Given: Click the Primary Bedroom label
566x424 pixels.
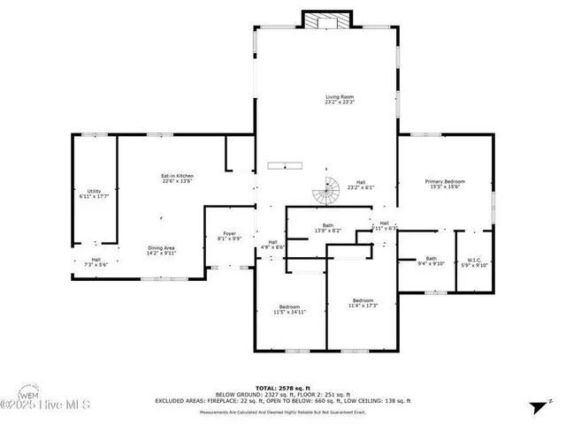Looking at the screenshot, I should (446, 184).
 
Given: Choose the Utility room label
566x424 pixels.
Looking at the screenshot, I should (93, 193).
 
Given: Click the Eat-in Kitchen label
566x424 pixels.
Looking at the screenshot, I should (177, 178).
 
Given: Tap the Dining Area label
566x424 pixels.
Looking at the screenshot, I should (161, 250).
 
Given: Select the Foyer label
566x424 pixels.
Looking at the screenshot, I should (229, 236).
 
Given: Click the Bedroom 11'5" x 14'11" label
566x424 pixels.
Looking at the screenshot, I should (289, 309).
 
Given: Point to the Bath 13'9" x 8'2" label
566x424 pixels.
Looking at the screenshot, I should (327, 228).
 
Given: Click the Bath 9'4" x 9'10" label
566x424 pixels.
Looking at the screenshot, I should (432, 261).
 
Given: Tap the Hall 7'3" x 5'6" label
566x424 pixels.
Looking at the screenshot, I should (96, 262).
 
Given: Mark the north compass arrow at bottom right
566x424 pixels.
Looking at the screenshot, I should (537, 406).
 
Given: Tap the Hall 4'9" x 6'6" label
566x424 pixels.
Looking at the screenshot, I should (273, 245).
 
